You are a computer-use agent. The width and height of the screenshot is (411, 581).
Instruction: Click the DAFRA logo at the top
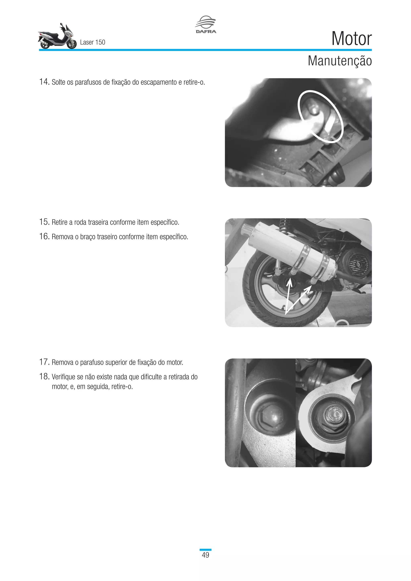pos(205,24)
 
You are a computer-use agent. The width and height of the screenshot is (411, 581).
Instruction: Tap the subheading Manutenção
pos(339,61)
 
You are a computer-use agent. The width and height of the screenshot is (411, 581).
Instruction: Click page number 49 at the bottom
pos(205,555)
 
